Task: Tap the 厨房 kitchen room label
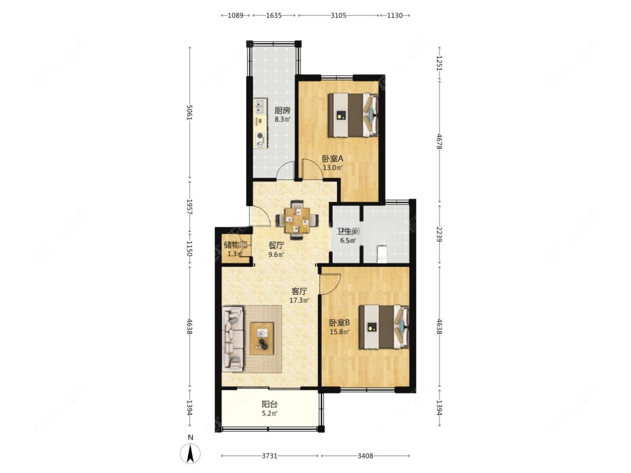point(283,110)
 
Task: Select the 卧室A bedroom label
point(333,159)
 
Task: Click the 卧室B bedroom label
point(339,323)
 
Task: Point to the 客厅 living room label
point(299,291)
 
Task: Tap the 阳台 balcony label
point(270,404)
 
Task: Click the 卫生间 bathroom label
point(348,231)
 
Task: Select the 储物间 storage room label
point(236,244)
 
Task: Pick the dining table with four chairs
point(297,220)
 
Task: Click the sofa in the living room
point(233,339)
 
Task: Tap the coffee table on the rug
point(262,338)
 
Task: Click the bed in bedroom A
point(353,115)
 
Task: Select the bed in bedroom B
point(384,327)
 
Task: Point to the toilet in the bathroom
point(381,254)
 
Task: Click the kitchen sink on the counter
point(260,106)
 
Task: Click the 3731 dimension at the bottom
point(270,456)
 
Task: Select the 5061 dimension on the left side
point(190,113)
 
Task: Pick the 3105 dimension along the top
point(338,15)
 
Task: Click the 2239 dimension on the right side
point(439,233)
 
